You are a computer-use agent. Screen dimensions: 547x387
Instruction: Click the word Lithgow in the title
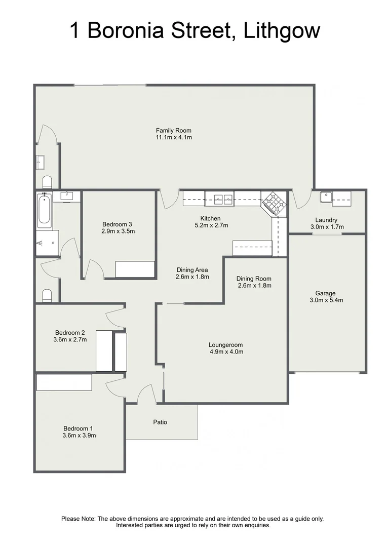(x=282, y=31)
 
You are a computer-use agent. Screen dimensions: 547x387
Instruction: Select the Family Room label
(x=173, y=131)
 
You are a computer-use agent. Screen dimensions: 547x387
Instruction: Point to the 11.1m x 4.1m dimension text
(x=173, y=137)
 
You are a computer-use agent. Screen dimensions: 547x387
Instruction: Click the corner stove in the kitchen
(x=274, y=203)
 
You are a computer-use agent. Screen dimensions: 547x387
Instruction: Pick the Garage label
(x=325, y=293)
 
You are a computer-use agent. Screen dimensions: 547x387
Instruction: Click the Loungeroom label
(x=226, y=345)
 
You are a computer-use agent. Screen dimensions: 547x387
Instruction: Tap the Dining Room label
(x=254, y=279)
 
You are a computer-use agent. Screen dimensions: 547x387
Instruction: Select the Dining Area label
(x=192, y=270)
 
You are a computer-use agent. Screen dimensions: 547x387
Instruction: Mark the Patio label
(x=160, y=422)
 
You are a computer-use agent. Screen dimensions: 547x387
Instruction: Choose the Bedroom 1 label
(x=79, y=428)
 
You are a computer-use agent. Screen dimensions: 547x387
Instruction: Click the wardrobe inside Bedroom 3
(x=135, y=269)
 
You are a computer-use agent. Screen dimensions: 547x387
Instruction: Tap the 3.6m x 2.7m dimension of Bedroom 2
(x=70, y=339)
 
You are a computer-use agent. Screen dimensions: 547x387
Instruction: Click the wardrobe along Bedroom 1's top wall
(x=64, y=382)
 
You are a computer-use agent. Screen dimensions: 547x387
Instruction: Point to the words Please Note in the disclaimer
(x=78, y=519)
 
